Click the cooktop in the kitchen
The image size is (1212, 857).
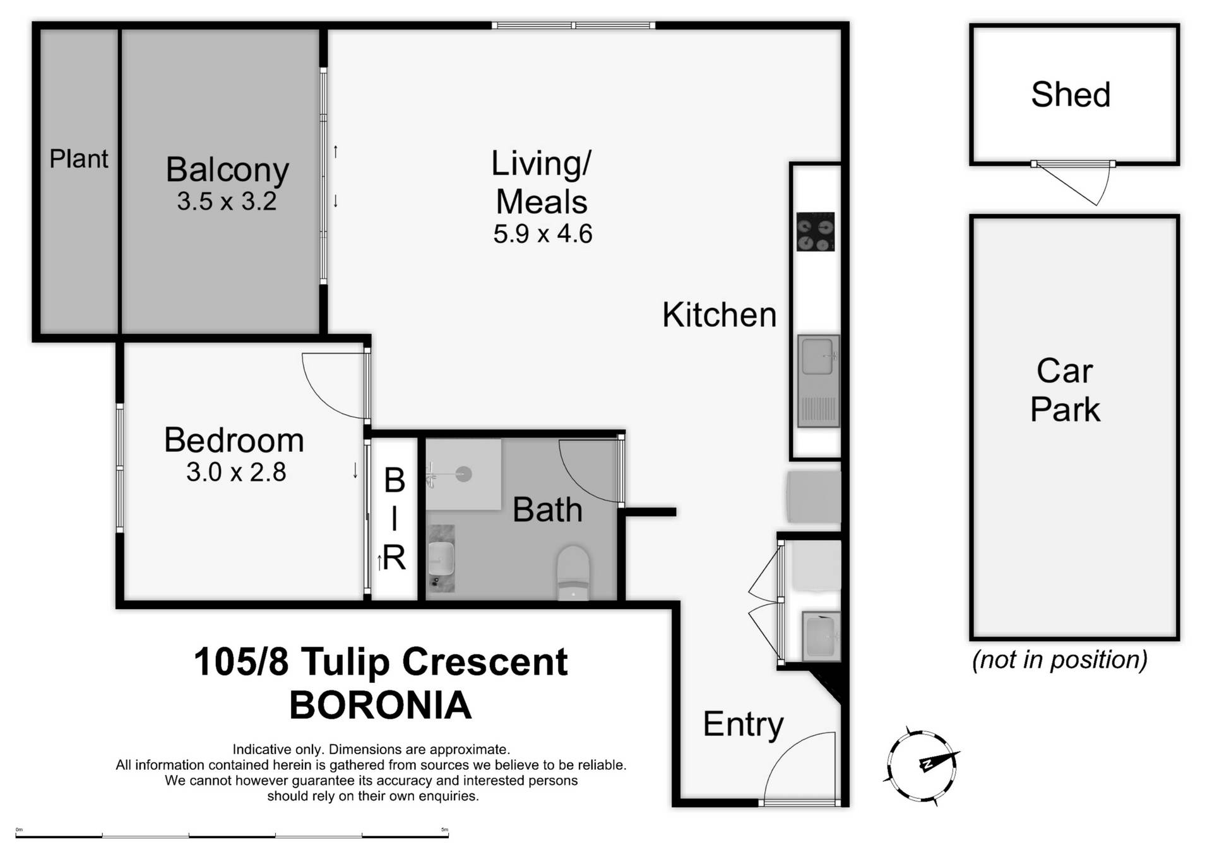tap(815, 232)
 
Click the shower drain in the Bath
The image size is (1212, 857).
tap(464, 474)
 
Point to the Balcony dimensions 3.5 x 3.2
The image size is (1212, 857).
tap(227, 201)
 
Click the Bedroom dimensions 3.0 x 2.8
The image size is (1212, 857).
tap(236, 472)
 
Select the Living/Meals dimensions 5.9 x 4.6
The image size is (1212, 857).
tap(542, 234)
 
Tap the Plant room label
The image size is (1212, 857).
tap(79, 159)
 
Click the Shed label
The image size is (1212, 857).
tap(1071, 95)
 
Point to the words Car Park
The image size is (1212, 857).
tap(1065, 389)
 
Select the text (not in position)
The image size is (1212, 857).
tap(1059, 659)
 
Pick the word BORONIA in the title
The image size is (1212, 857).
tap(381, 705)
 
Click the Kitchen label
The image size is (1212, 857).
tap(719, 315)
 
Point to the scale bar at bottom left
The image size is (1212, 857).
tap(232, 836)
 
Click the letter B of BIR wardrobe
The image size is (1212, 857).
tap(395, 481)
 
